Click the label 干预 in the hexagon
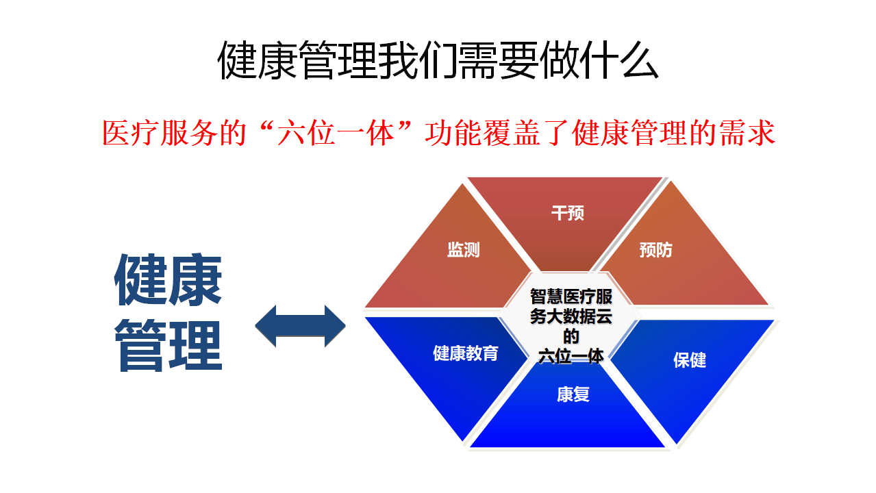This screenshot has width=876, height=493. pos(568,214)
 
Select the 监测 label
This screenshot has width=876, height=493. pos(464,251)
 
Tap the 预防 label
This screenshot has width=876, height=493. pos(655,251)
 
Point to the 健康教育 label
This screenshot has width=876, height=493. pos(466,353)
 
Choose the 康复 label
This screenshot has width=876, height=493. pos(573,395)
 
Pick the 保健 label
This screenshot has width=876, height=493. pos(690,361)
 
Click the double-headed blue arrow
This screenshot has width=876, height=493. pos(301,326)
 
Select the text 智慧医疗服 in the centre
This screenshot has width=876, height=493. pos(571,297)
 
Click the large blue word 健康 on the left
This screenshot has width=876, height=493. pos(168,281)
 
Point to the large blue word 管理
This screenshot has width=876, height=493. pos(168,346)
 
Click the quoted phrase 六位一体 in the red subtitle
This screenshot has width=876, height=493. pos(336,134)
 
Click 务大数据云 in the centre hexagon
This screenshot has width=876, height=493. pos(571,317)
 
